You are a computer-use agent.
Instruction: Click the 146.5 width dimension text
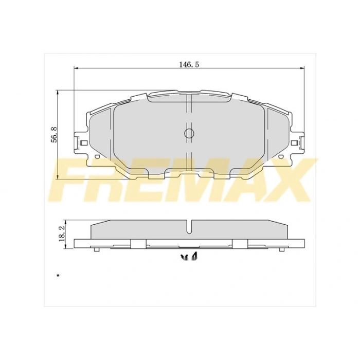click(189, 64)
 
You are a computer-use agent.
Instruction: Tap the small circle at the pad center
click(189, 134)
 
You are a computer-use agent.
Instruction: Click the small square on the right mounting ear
click(294, 143)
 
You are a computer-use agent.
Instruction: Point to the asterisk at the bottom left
click(58, 277)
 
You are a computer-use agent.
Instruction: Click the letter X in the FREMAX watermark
click(288, 180)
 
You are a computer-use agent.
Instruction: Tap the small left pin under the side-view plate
click(97, 249)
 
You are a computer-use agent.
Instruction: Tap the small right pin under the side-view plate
click(281, 249)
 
